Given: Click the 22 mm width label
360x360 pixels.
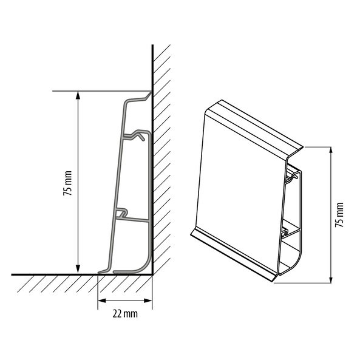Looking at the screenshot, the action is (125, 314).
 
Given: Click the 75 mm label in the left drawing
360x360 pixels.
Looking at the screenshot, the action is (68, 183).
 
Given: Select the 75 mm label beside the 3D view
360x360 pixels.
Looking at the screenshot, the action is (339, 215).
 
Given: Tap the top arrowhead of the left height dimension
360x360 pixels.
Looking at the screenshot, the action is (78, 95).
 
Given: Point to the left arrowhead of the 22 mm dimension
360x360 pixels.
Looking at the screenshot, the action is (102, 301).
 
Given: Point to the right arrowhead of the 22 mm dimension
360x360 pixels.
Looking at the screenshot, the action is (148, 301).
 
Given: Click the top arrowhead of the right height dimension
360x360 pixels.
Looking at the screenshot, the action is (331, 151).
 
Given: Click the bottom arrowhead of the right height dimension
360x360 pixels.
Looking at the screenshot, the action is (331, 279).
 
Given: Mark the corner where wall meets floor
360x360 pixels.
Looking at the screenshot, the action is (152, 274).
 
